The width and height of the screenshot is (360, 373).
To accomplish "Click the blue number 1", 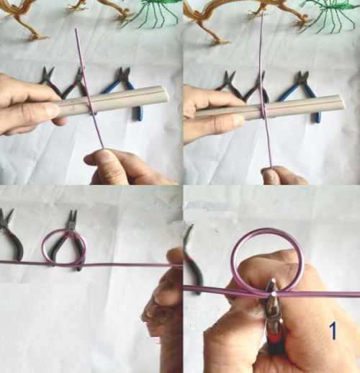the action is (x=333, y=331).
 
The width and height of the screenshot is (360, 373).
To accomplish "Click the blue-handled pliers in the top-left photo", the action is (x=122, y=89).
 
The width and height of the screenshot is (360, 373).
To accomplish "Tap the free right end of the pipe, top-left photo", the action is (x=165, y=96).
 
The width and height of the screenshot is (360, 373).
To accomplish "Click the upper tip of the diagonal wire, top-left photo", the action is (x=76, y=30).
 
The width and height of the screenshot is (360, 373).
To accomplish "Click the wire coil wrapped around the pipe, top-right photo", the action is (x=264, y=110).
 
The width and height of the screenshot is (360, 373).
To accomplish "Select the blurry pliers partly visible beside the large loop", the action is (x=193, y=259).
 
